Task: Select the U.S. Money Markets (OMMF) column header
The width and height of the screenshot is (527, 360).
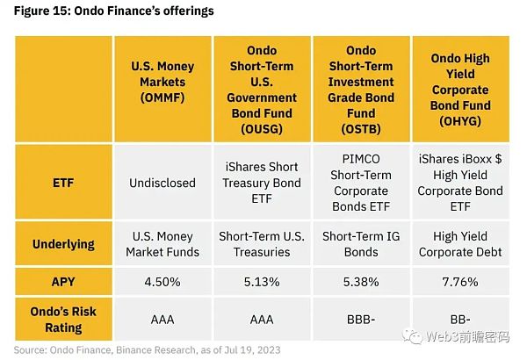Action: tap(161, 81)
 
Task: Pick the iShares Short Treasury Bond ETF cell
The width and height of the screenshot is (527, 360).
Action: tap(261, 183)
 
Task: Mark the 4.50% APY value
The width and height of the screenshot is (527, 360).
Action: tap(161, 284)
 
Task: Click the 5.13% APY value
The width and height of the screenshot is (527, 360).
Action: tap(261, 284)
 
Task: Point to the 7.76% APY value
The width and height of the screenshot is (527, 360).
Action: tap(459, 284)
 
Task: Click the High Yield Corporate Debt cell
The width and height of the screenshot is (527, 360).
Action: tap(459, 243)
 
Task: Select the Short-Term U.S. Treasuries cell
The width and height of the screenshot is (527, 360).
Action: tap(261, 243)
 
